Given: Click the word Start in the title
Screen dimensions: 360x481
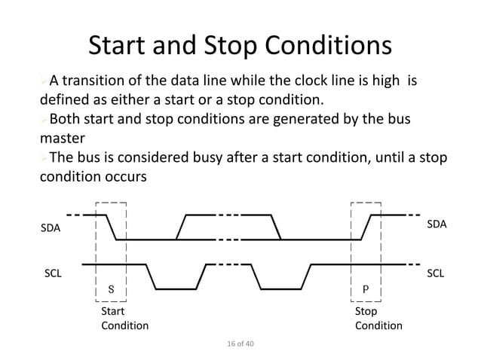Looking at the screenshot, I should pos(122,47).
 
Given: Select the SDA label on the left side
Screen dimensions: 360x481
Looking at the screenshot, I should pos(51,227).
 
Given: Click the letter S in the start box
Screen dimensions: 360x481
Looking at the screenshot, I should pos(112,288).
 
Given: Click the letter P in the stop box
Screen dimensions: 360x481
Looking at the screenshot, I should pos(366,288).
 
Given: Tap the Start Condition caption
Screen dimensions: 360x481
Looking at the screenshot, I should pos(124,318).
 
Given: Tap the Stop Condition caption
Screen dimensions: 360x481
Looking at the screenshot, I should pos(378,318).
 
